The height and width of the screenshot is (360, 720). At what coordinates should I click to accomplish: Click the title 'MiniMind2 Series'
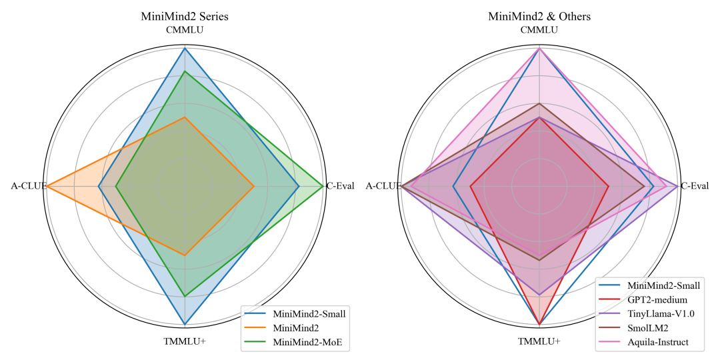click(x=185, y=16)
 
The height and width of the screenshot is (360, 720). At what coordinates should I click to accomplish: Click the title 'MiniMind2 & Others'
click(x=539, y=16)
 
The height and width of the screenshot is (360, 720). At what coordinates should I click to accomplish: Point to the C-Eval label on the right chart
click(x=695, y=186)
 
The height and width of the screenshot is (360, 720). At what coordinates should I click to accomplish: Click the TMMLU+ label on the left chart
click(x=185, y=341)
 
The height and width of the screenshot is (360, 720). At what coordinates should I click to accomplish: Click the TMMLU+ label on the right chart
click(x=539, y=341)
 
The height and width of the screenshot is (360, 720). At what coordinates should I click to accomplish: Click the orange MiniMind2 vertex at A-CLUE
click(x=46, y=186)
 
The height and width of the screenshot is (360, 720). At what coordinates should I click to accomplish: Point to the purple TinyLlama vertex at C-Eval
click(x=678, y=186)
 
